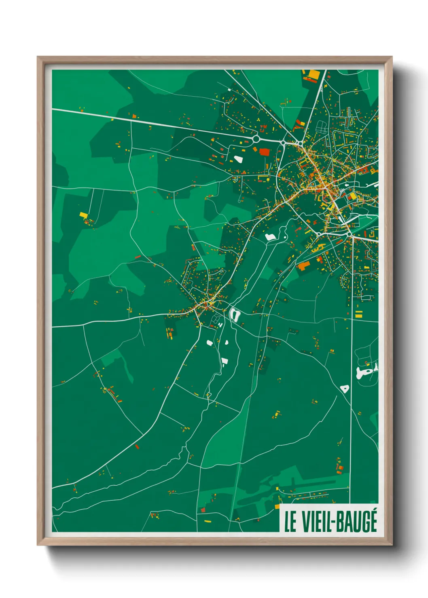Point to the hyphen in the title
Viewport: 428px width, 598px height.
pos(332,522)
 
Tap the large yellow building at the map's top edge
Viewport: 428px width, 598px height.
pos(314,74)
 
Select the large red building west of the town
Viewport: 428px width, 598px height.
pos(264,152)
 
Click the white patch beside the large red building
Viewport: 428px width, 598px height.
pos(238,159)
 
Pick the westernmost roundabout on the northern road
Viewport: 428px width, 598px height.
pos(256,139)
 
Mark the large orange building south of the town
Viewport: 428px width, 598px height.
pos(303,265)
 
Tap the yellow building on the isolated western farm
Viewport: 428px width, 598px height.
pos(83,215)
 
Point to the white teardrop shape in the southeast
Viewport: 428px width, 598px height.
pos(344,389)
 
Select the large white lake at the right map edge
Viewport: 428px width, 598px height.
pos(366,371)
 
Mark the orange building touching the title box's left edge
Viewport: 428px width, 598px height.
pos(278,506)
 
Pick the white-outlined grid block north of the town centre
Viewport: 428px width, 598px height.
pos(322,127)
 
